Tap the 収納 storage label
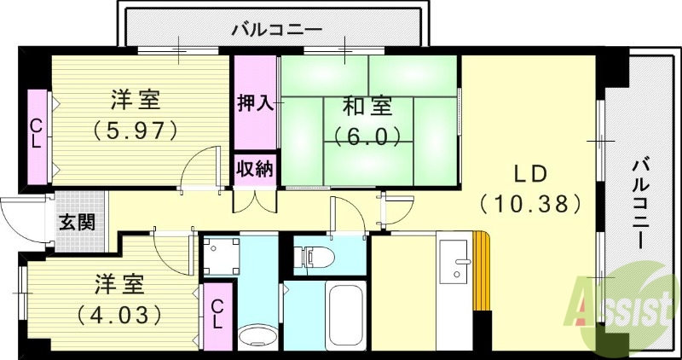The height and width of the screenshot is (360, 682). (254, 168)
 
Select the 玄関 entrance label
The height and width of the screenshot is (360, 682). (77, 222)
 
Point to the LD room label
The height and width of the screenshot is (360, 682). (530, 172)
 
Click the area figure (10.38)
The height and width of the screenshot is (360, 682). (530, 204)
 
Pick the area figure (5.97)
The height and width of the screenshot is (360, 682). (136, 131)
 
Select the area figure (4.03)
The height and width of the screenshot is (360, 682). (119, 314)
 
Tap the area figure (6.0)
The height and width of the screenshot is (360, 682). (367, 136)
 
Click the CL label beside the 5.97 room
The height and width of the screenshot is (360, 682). (36, 135)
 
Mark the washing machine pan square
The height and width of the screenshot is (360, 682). (222, 253)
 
